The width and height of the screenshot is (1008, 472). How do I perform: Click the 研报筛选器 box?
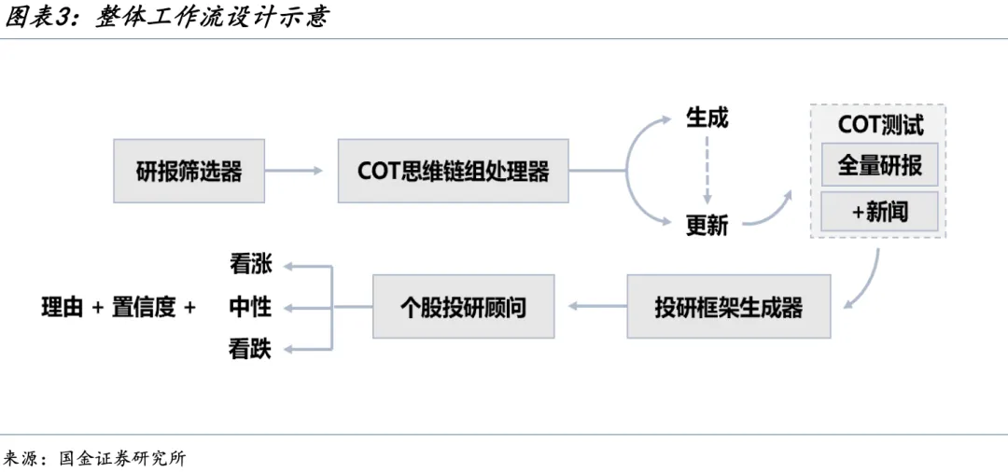tap(189, 171)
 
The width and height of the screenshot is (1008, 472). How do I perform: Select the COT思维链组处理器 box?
tap(453, 171)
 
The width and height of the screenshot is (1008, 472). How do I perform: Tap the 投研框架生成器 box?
tap(728, 306)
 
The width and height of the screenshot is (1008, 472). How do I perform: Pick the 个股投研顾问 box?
tap(463, 306)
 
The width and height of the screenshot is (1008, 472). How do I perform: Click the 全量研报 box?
tap(879, 165)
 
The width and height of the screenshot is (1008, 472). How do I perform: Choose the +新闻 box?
tap(879, 212)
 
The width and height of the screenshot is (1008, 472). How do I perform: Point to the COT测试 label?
tap(879, 125)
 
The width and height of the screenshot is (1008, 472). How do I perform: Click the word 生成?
tap(707, 118)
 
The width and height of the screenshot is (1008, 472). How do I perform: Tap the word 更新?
tap(707, 225)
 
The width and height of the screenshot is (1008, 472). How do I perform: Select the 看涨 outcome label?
tap(250, 264)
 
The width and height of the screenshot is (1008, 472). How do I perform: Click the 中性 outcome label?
tap(250, 306)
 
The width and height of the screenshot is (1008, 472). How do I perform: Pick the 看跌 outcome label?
tap(250, 349)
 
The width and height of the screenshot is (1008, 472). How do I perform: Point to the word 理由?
tap(63, 307)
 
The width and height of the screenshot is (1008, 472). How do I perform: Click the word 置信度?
tap(144, 307)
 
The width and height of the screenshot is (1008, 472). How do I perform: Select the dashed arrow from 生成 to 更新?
tap(707, 172)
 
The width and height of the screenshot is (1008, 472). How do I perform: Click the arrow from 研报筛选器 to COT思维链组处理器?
tap(295, 171)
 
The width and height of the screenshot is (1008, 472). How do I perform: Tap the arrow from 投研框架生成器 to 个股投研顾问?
tap(596, 306)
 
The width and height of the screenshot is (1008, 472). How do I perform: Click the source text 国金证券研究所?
tap(122, 458)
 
